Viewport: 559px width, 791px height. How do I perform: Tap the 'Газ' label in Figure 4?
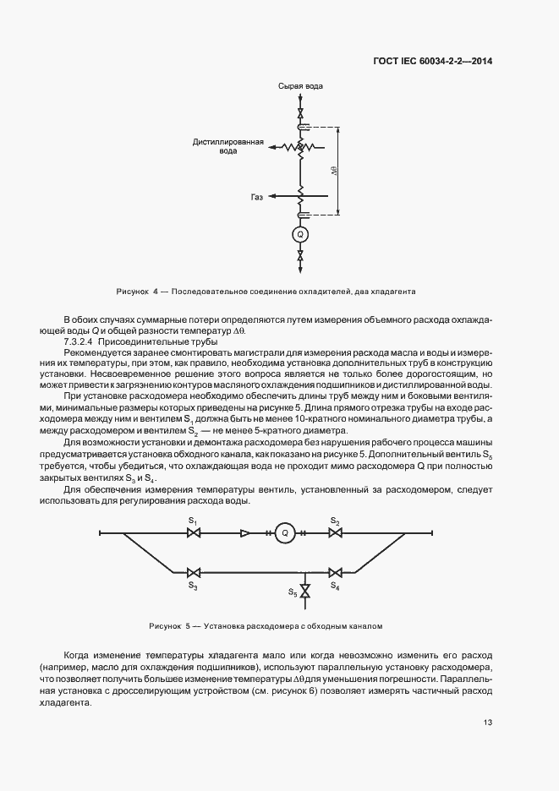tap(257, 197)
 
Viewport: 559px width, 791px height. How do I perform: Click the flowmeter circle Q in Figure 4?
tap(299, 233)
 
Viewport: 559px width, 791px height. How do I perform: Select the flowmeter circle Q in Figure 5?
tap(286, 533)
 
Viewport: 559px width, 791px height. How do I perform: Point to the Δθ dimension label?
tap(336, 170)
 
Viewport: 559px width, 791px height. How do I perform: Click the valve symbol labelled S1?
tap(193, 533)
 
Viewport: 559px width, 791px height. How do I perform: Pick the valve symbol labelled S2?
tap(336, 533)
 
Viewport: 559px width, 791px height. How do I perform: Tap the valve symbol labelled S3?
tap(193, 571)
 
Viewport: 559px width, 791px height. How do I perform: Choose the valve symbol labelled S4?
tap(336, 571)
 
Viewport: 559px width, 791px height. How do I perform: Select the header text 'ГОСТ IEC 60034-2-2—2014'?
tap(433, 61)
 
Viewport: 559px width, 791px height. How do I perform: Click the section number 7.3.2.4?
tap(79, 341)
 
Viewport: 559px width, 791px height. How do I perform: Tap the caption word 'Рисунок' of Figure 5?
tap(164, 627)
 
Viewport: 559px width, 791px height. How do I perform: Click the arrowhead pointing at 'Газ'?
tap(273, 197)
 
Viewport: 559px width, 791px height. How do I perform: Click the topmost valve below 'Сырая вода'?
tap(299, 112)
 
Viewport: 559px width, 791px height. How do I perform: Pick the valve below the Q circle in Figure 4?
tap(299, 254)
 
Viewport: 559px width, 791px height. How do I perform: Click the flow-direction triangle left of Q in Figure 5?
tap(245, 533)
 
